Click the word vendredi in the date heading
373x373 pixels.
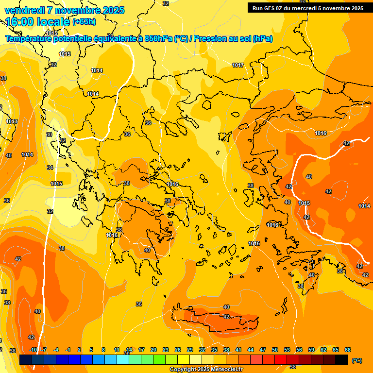click(22, 10)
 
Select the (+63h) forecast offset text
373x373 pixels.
click(84, 22)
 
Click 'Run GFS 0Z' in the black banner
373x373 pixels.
click(271, 8)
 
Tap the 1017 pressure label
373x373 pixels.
click(238, 65)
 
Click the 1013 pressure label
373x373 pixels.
click(12, 121)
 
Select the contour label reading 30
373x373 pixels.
click(49, 135)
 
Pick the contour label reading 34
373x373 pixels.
click(50, 168)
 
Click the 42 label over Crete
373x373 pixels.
click(226, 317)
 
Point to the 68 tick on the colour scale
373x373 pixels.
click(348, 350)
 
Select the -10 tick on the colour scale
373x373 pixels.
click(33, 350)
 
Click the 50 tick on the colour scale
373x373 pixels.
click(275, 350)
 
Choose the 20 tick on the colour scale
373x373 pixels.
click(153, 350)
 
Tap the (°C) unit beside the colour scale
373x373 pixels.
click(356, 360)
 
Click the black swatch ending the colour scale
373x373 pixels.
click(341, 360)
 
